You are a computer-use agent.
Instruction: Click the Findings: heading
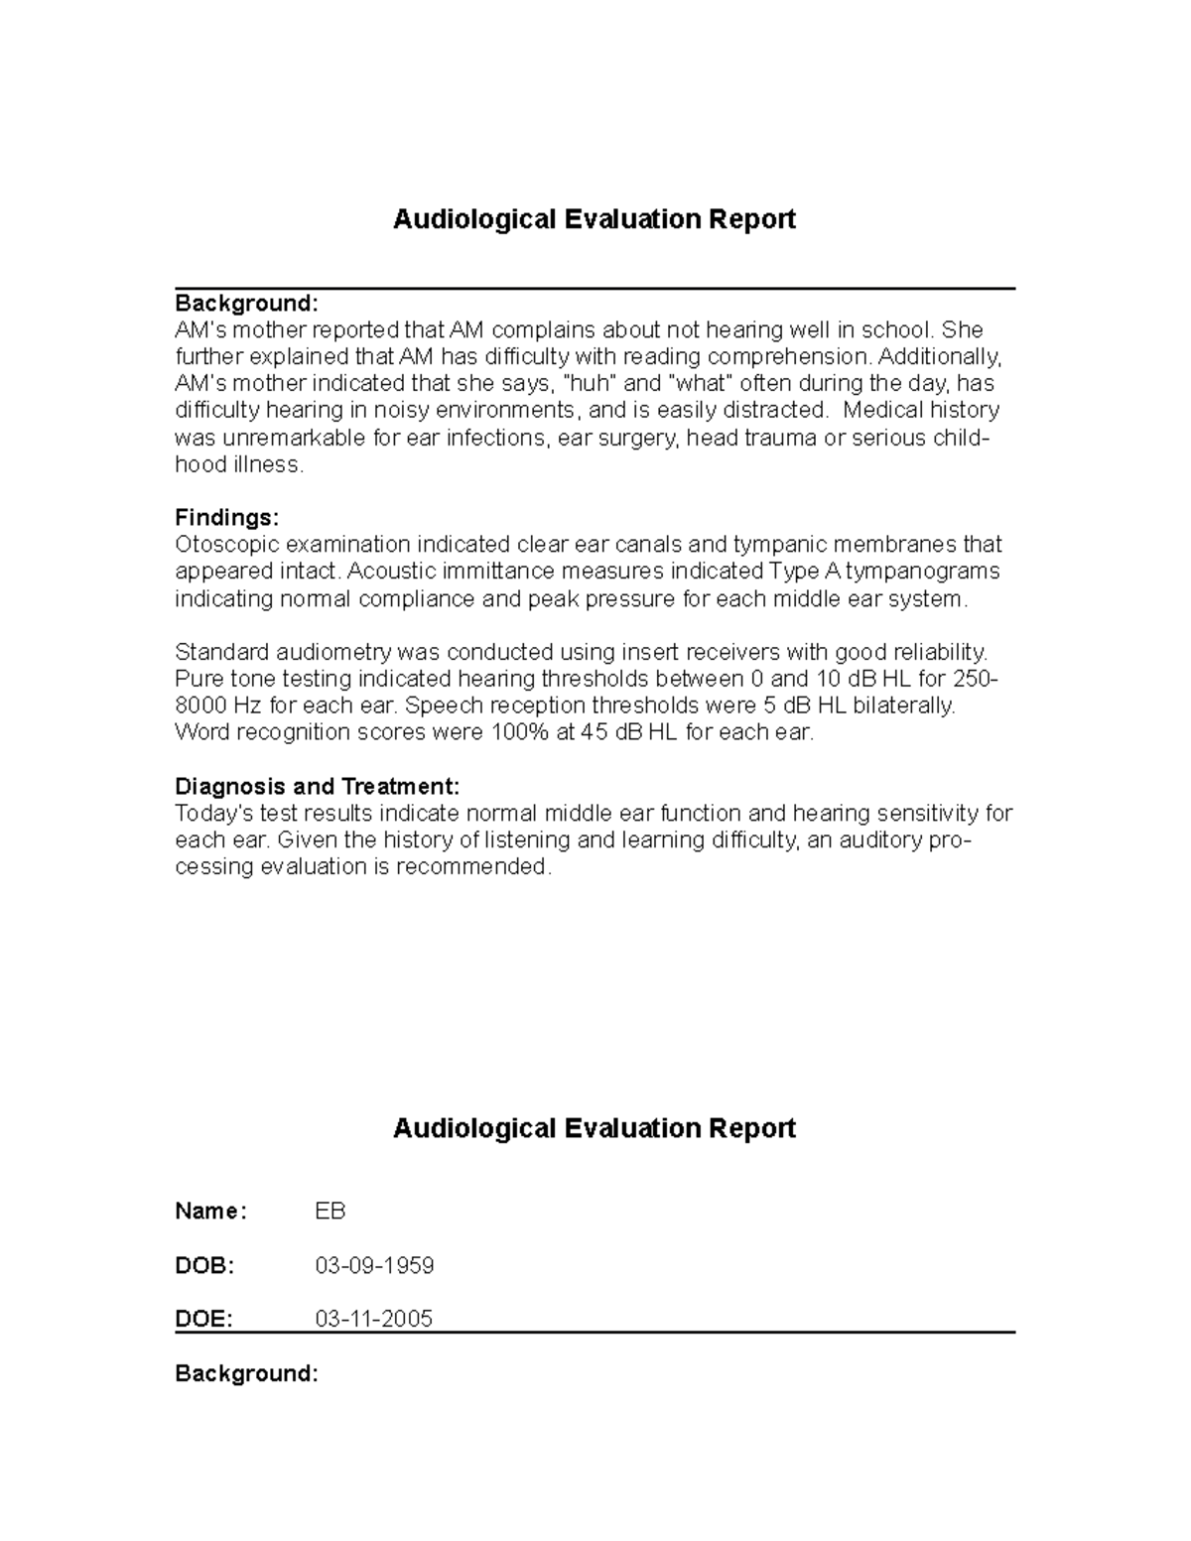pos(226,517)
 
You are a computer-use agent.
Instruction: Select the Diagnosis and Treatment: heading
pos(317,786)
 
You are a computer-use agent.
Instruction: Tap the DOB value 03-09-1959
pos(374,1265)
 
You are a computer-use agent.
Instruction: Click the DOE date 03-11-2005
pos(373,1319)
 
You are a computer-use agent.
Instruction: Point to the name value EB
pos(330,1211)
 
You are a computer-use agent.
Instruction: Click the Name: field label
pos(209,1211)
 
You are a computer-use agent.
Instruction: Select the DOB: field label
pos(204,1265)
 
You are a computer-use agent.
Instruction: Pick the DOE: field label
pos(203,1319)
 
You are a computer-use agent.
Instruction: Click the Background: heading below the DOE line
pos(246,1373)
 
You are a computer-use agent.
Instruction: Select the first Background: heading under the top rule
pos(246,302)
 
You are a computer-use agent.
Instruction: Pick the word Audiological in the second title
pos(473,1128)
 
